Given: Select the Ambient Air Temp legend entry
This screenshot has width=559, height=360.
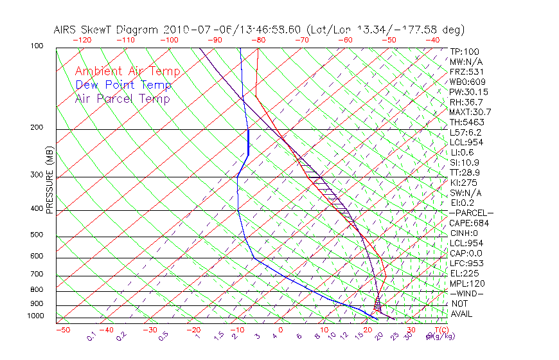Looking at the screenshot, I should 127,71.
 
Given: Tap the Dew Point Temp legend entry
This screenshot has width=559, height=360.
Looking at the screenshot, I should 123,85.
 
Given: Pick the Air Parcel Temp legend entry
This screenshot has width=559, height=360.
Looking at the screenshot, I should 122,98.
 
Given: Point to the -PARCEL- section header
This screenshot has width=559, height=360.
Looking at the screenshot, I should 472,213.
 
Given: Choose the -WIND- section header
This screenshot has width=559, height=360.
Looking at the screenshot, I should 467,293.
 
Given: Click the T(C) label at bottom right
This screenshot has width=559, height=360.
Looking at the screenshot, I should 438,330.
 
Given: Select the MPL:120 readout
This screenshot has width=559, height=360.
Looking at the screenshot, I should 467,283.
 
